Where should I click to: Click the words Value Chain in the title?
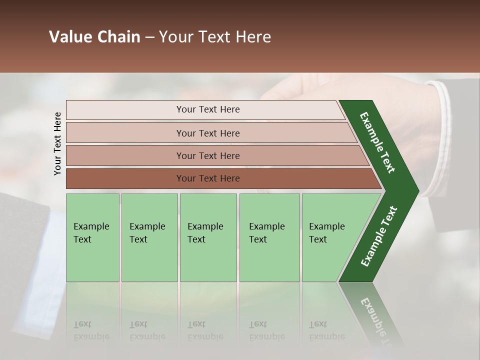pyautogui.click(x=94, y=37)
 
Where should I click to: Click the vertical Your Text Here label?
pyautogui.click(x=57, y=143)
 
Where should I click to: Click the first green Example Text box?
pyautogui.click(x=92, y=237)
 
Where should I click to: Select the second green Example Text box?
pyautogui.click(x=149, y=237)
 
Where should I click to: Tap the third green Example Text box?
pyautogui.click(x=208, y=237)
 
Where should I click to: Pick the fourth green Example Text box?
pyautogui.click(x=269, y=237)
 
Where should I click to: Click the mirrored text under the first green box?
pyautogui.click(x=91, y=330)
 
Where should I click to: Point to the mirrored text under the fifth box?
pyautogui.click(x=326, y=330)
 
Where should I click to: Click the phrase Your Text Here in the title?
pyautogui.click(x=215, y=37)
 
